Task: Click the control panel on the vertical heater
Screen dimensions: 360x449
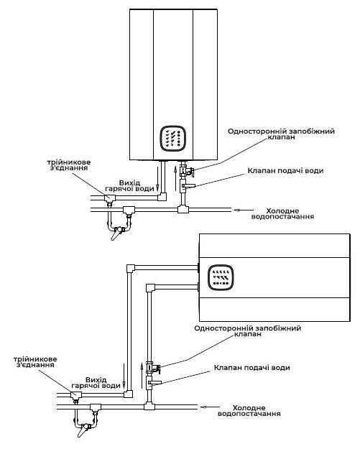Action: point(172,139)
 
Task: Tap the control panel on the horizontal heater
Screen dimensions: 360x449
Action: point(220,277)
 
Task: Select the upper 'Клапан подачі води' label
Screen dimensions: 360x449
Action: point(285,171)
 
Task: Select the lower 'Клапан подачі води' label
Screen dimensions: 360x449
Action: point(251,367)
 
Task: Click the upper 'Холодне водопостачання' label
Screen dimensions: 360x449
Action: point(282,213)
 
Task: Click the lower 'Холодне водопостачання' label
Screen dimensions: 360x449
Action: point(249,411)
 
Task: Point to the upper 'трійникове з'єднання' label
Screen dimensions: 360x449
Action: point(69,165)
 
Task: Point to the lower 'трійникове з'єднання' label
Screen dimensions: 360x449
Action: point(35,361)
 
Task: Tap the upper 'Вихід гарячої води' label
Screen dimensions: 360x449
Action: point(130,185)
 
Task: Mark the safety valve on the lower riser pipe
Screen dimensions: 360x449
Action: point(152,368)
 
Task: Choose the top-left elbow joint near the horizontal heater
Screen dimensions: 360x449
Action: point(131,268)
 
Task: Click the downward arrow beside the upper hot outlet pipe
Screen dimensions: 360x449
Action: point(157,179)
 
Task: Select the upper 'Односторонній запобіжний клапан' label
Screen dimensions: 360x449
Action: point(281,134)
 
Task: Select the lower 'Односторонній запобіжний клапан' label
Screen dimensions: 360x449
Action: point(248,330)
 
